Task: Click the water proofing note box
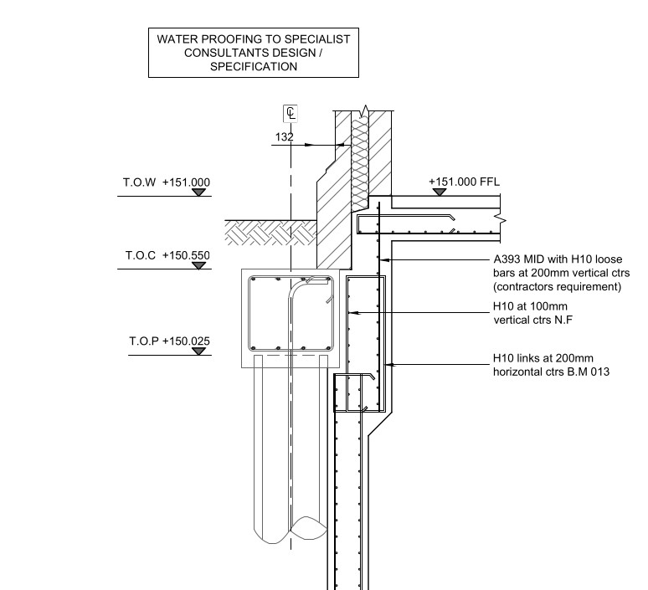[x=254, y=53]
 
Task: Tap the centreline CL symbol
[x=291, y=114]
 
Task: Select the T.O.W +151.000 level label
[x=167, y=182]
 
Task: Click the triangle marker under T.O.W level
[x=198, y=192]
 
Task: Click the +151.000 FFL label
[x=463, y=182]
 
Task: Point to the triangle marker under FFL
[x=440, y=192]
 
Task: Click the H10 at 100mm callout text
[x=533, y=313]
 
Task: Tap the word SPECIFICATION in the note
[x=254, y=67]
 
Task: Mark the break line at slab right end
[x=500, y=218]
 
